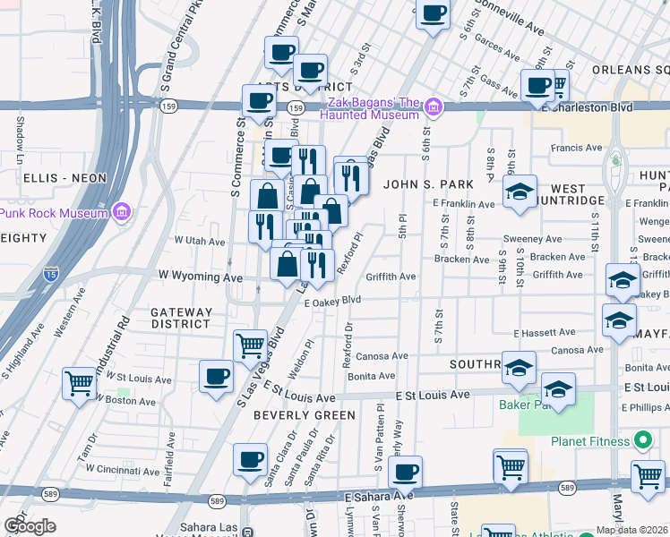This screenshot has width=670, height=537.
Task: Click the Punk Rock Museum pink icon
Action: coord(123,212)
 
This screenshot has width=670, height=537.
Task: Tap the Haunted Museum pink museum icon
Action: coord(434,107)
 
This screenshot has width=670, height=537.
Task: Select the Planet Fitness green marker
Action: coord(641,440)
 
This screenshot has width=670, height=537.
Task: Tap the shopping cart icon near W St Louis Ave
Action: coord(80,384)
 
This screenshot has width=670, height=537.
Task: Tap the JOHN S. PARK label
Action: coord(428,184)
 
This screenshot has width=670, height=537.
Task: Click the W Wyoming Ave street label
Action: coord(201,277)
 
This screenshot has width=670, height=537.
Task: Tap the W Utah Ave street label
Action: coord(200,241)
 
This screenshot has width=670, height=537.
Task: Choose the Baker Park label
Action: coord(518,405)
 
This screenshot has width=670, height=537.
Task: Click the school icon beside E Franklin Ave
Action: coord(520,192)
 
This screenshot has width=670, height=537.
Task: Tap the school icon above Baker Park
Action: coord(519,366)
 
